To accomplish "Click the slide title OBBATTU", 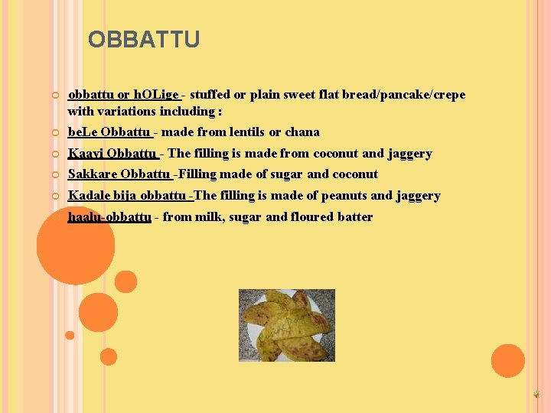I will pos(143,39).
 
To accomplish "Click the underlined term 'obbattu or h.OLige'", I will pos(124,95).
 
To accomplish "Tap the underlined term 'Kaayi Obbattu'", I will pos(111,153).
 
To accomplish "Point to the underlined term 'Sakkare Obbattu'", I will pos(119,174).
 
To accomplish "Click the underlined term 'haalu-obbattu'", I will pos(109,216).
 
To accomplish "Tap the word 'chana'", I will pos(302,132).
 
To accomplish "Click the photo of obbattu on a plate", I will pos(286,325).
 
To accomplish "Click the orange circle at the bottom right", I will pos(507,360).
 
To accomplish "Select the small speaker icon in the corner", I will pos(536,395).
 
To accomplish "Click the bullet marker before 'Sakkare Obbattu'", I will pos(56,174).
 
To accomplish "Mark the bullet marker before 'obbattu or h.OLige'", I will pos(56,96).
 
